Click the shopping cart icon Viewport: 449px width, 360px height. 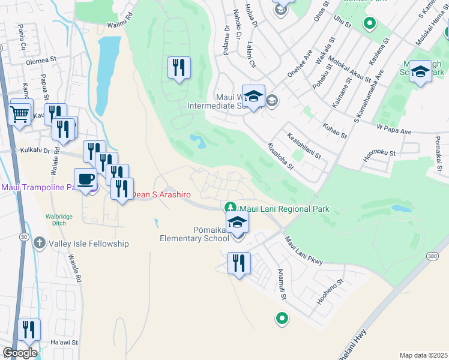pos(20,113)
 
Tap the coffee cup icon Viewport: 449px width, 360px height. pos(85,179)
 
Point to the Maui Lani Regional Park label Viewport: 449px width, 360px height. pos(285,209)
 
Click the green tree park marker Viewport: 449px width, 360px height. pos(229,208)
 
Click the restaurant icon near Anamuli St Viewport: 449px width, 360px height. pos(240,263)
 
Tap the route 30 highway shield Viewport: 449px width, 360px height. pos(23,237)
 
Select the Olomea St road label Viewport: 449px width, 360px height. pos(40,60)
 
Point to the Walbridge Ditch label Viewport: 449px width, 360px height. pos(59,220)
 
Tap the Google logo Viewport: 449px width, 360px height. pos(20,353)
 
